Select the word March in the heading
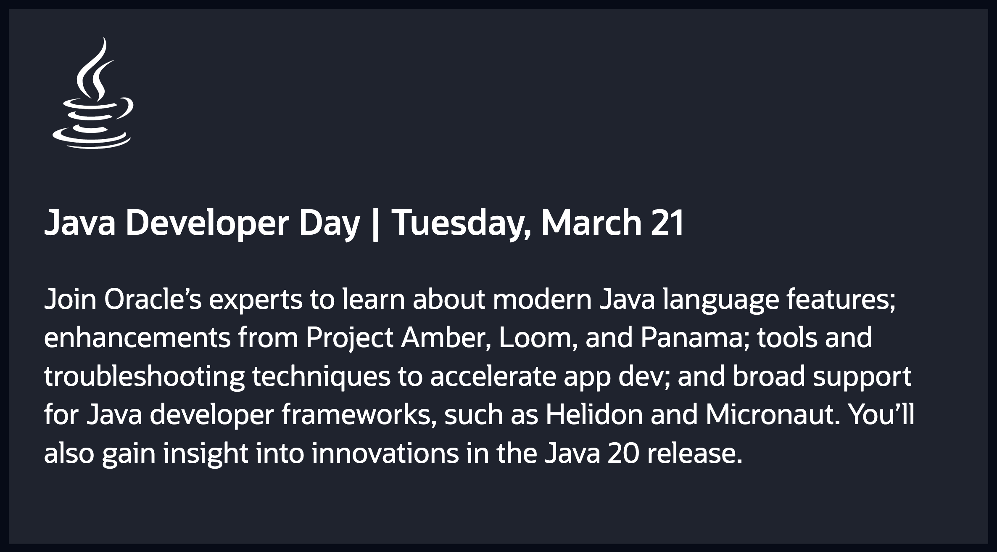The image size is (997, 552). tap(591, 223)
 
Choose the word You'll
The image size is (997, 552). tap(881, 414)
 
